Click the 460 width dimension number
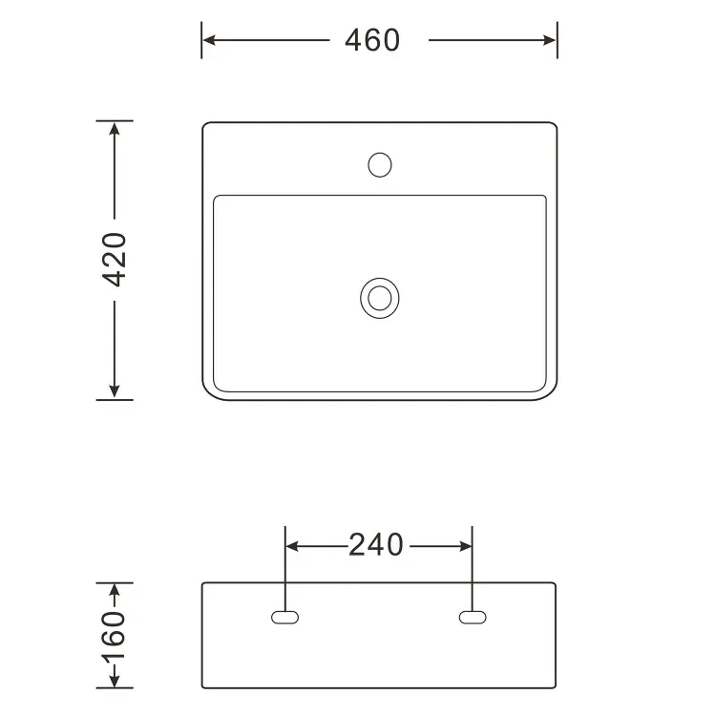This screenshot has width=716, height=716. click(x=372, y=40)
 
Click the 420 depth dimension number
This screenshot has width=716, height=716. click(x=115, y=260)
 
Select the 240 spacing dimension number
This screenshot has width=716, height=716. click(x=376, y=545)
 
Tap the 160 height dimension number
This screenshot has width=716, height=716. click(x=114, y=636)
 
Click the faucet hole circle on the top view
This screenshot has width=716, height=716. click(x=379, y=165)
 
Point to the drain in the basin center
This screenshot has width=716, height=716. click(x=379, y=298)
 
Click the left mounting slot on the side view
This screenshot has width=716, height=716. click(x=284, y=618)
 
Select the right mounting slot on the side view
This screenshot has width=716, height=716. click(x=473, y=618)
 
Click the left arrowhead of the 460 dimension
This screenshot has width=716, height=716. click(x=209, y=40)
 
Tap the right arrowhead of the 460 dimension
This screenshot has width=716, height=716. click(x=550, y=40)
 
